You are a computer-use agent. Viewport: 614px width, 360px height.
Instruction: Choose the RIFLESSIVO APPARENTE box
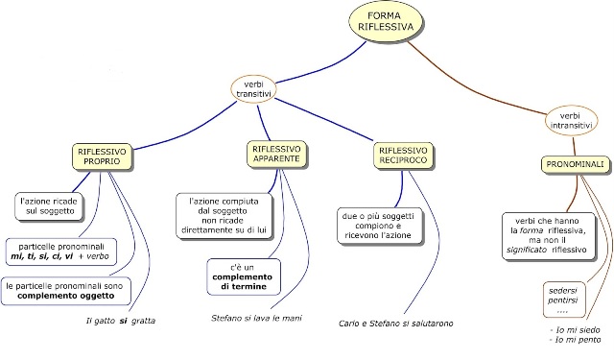coord(277,156)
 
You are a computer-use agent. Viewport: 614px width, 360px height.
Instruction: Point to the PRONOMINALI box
coord(575,164)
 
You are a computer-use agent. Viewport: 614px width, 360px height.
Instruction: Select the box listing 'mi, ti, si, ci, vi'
coord(61,252)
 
